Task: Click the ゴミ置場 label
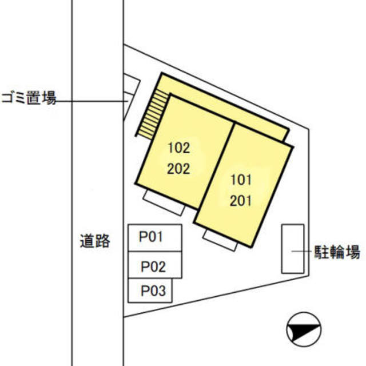click(x=29, y=98)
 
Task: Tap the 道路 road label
click(x=95, y=241)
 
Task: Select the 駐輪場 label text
click(x=337, y=252)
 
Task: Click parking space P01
click(x=155, y=238)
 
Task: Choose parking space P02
click(x=155, y=265)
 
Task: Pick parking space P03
click(x=150, y=291)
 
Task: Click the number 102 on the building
click(x=179, y=148)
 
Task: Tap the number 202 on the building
click(x=178, y=169)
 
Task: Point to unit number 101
click(x=241, y=180)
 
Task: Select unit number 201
click(x=241, y=201)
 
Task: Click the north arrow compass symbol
click(x=304, y=329)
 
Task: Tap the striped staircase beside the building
click(x=152, y=114)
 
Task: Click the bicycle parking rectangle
click(x=293, y=249)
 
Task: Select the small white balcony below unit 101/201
click(x=220, y=240)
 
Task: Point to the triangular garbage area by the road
click(x=130, y=96)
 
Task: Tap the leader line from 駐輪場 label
click(x=301, y=252)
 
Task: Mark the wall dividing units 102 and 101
click(x=216, y=166)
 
